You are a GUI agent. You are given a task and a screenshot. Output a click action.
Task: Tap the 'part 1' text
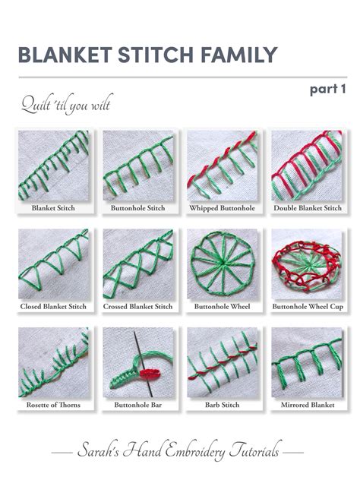point(327,90)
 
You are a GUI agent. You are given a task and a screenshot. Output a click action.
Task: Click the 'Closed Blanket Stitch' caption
point(52,306)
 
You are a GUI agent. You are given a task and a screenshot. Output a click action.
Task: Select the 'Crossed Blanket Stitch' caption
point(137,306)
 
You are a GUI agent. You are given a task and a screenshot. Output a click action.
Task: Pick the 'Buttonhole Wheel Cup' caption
point(306,306)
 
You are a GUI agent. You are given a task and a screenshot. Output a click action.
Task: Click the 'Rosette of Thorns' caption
point(52,406)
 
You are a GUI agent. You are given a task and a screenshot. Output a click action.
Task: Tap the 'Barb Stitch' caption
point(222,406)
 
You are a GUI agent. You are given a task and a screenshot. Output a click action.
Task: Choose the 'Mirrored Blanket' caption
point(306,406)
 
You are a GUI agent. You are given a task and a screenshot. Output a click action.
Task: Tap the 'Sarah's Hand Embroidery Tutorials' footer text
point(179,452)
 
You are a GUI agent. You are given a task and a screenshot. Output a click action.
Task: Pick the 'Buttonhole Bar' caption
point(137,406)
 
